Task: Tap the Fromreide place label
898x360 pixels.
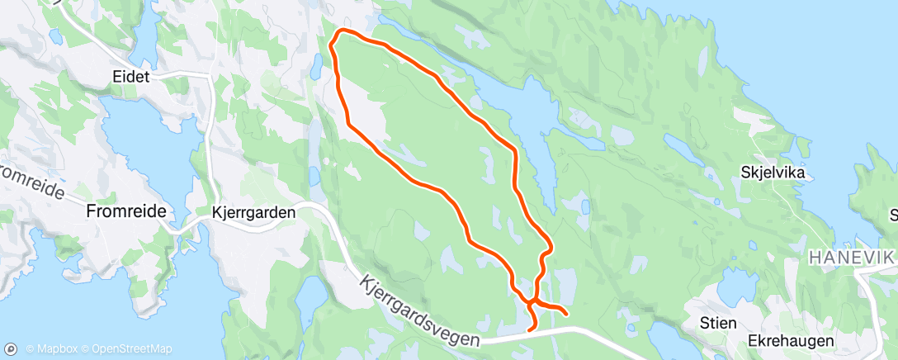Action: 126,211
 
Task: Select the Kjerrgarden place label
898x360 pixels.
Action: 253,212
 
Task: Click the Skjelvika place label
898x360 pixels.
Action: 773,173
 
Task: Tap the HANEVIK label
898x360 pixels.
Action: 851,258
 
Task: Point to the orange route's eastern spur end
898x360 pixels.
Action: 565,314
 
